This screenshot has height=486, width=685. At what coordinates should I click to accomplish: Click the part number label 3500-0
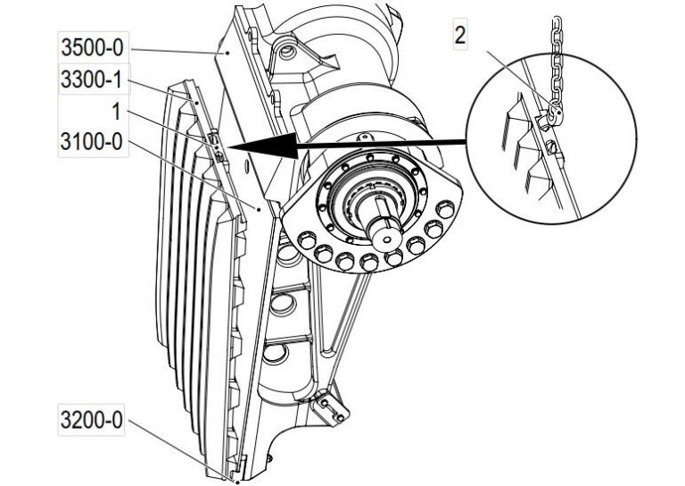click(92, 47)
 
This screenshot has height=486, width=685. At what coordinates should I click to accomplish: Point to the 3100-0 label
click(92, 142)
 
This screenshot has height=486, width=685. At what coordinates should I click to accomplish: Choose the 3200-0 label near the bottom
click(92, 417)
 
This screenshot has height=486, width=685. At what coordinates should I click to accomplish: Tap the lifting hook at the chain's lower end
click(554, 112)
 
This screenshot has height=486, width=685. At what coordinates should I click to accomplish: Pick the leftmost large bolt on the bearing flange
click(302, 239)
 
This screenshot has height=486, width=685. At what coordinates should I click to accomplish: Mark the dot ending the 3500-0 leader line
click(227, 54)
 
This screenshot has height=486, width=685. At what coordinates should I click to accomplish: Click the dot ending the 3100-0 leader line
click(258, 207)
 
